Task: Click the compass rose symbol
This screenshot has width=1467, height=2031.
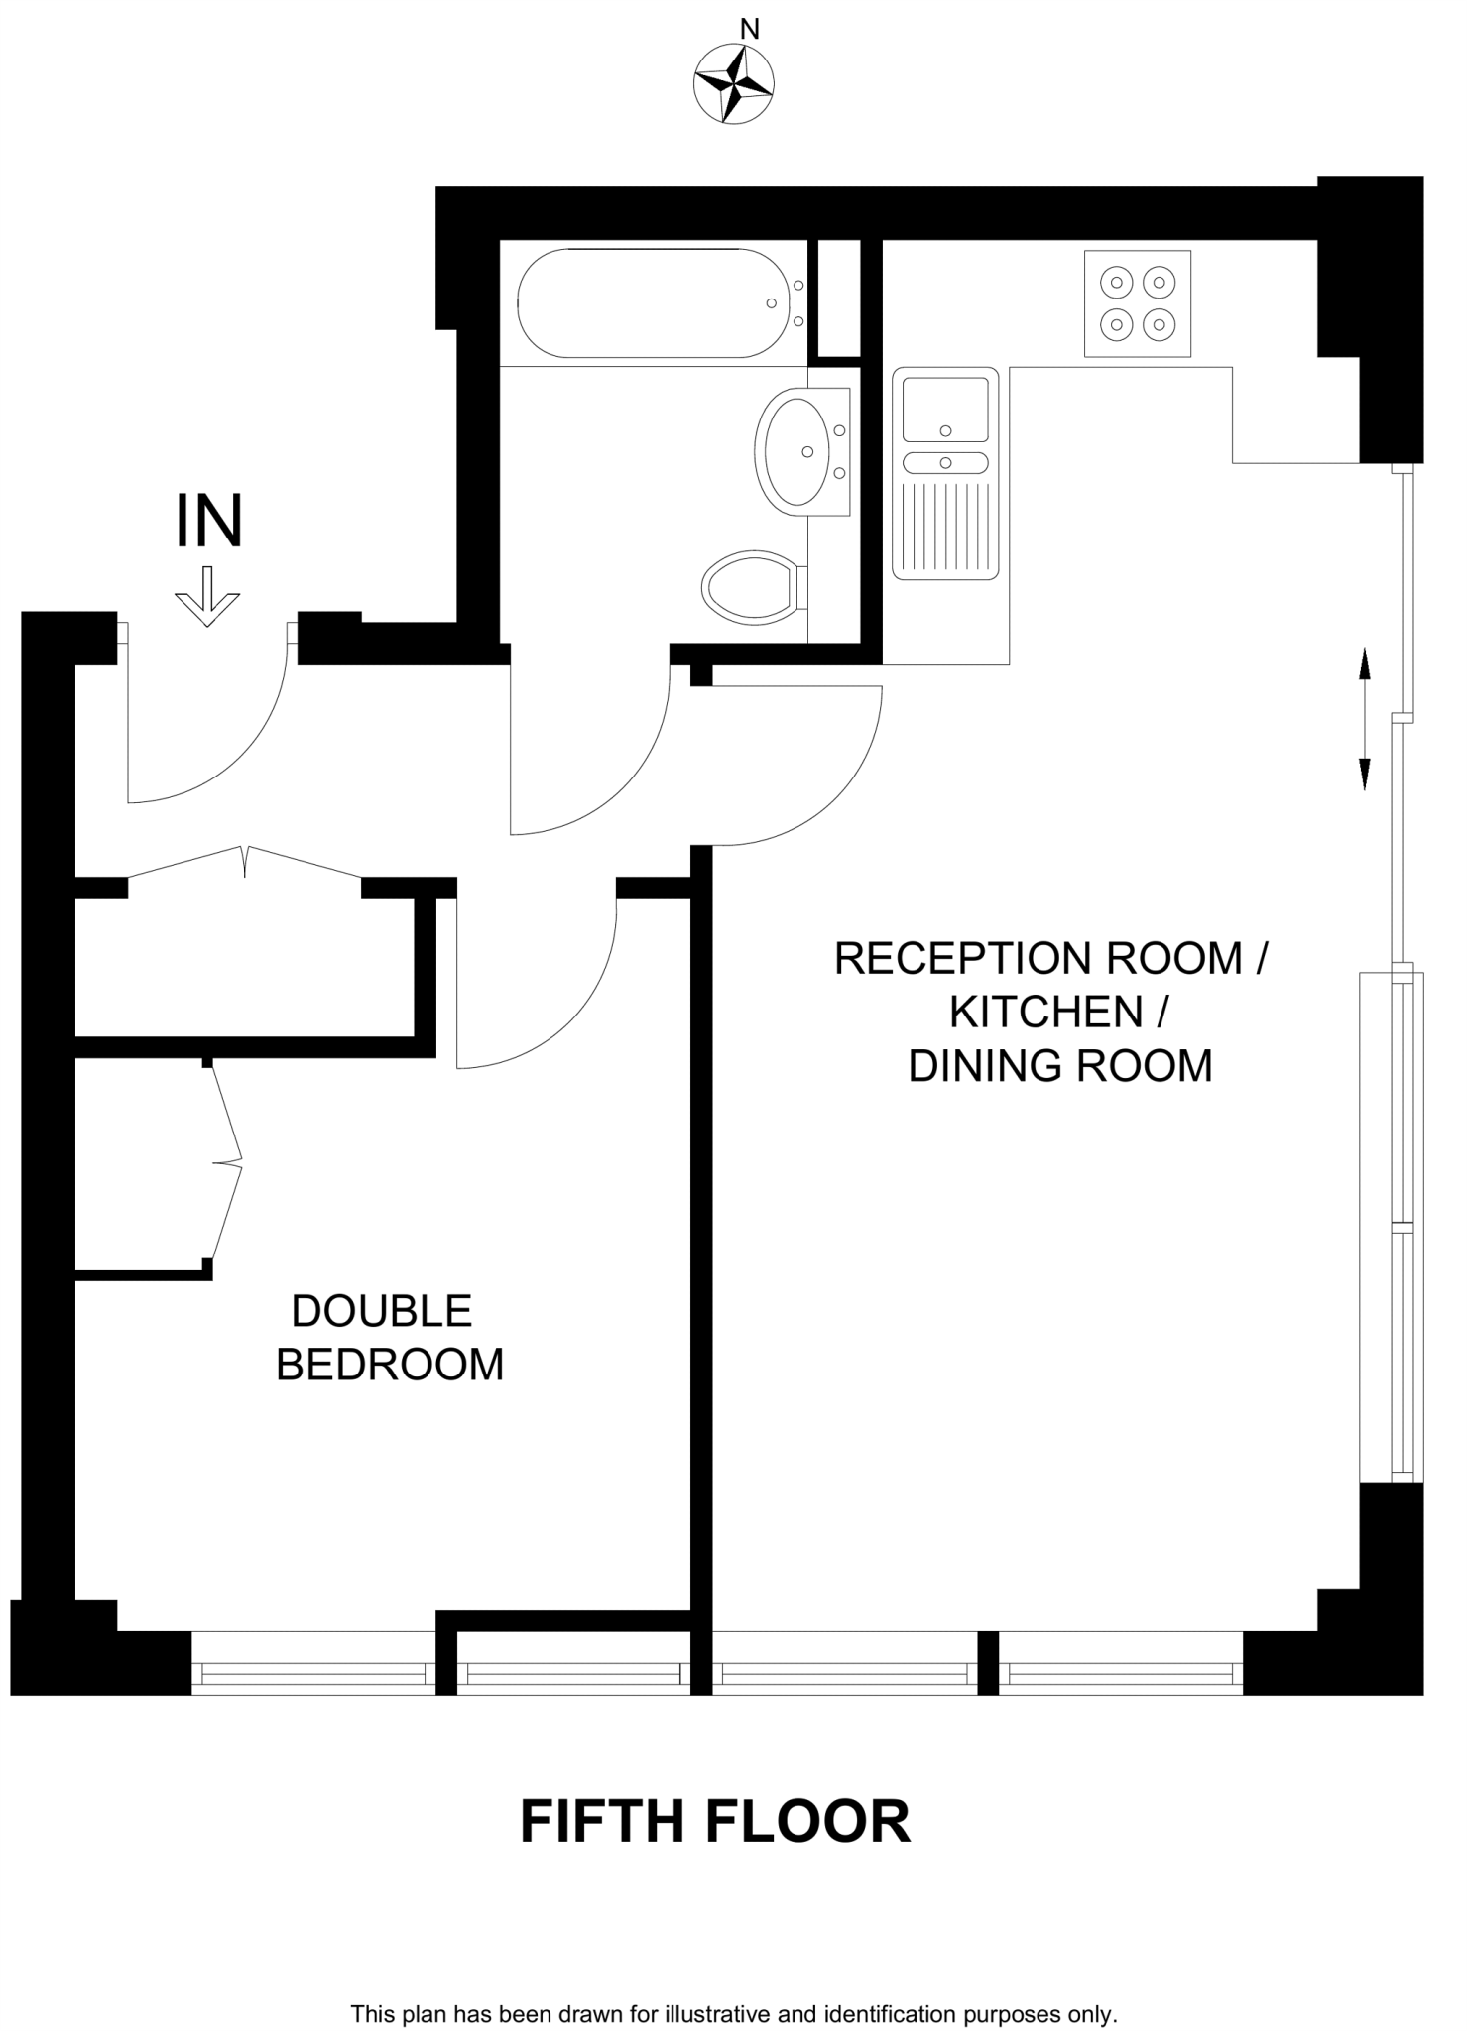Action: pyautogui.click(x=733, y=85)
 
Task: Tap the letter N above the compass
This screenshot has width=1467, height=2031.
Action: pyautogui.click(x=750, y=30)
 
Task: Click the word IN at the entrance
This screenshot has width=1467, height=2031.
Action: pyautogui.click(x=208, y=523)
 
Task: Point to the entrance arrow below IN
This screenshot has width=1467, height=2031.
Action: pyautogui.click(x=207, y=596)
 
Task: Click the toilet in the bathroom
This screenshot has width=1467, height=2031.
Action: pyautogui.click(x=751, y=587)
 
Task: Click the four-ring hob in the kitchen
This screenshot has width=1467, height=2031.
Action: pyautogui.click(x=1137, y=302)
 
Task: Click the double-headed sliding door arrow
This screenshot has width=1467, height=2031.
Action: pyautogui.click(x=1364, y=718)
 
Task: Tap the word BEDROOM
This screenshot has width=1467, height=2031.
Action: pyautogui.click(x=390, y=1365)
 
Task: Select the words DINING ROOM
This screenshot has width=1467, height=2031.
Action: pyautogui.click(x=1059, y=1066)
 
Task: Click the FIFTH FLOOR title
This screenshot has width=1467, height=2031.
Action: pyautogui.click(x=714, y=1822)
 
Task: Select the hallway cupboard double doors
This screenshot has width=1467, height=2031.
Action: pyautogui.click(x=245, y=862)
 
